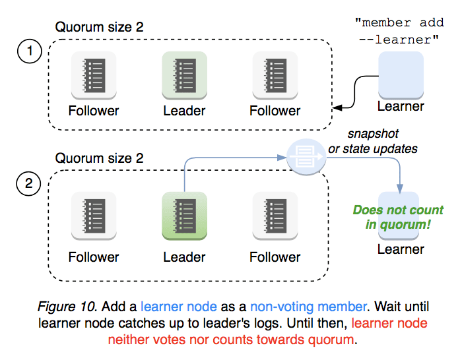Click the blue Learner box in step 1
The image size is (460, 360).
[401, 74]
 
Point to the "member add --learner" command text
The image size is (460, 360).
[400, 31]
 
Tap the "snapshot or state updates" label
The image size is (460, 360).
[373, 141]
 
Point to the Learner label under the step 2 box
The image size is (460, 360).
[401, 249]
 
